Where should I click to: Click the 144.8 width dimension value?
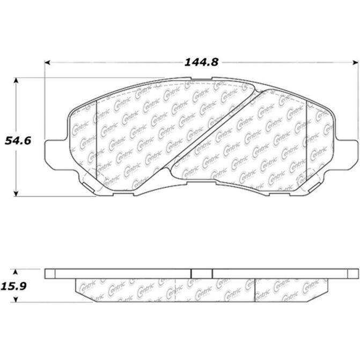(x=201, y=62)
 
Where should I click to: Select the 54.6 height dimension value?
(x=18, y=141)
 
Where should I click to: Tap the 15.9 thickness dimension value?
(x=14, y=286)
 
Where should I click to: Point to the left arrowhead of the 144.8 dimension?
(x=47, y=62)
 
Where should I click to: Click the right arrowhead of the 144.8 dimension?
(x=355, y=62)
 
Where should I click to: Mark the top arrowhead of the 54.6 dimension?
(x=16, y=80)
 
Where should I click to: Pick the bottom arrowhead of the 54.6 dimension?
(x=16, y=194)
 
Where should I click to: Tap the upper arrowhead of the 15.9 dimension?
(x=16, y=273)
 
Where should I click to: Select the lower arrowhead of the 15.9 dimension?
(x=16, y=299)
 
